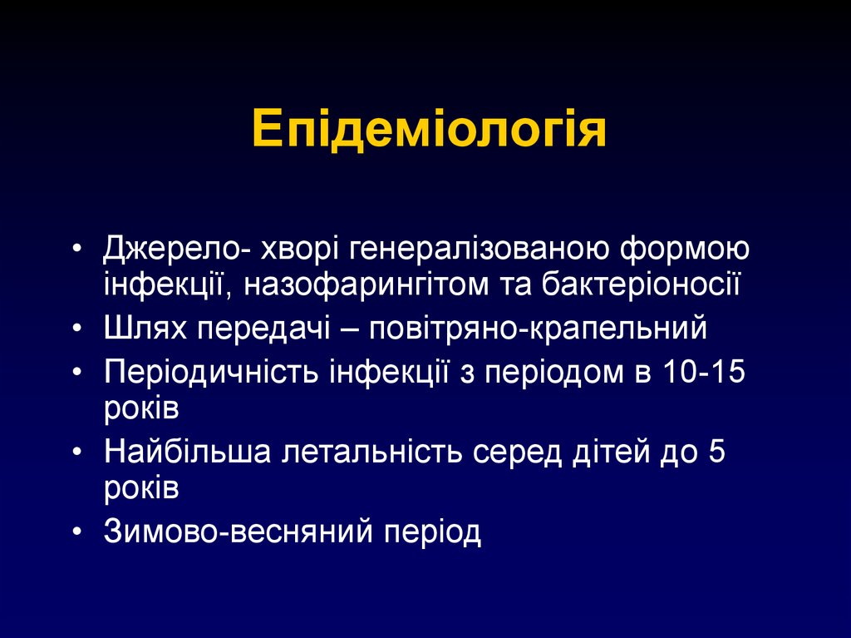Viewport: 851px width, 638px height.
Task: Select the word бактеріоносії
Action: [640, 284]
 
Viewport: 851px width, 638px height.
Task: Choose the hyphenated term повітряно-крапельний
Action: [544, 328]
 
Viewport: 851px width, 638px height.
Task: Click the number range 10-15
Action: [705, 371]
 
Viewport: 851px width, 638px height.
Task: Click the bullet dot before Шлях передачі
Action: [77, 329]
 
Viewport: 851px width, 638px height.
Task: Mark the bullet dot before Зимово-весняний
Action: [77, 532]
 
